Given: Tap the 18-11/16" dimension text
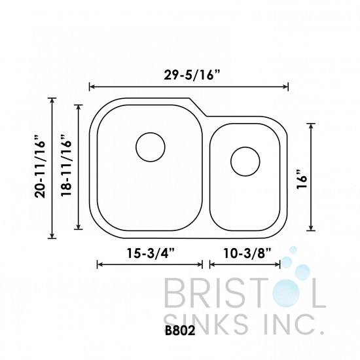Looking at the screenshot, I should click(x=65, y=168).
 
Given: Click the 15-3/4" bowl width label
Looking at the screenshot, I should click(x=149, y=252).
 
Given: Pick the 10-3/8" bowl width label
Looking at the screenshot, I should click(x=245, y=252).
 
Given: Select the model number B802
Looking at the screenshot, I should click(x=180, y=340).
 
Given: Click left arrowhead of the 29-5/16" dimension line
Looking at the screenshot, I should click(x=91, y=86).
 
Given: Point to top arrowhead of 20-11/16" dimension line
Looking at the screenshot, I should click(x=52, y=100).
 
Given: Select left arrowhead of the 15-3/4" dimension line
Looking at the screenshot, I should click(x=99, y=265).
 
